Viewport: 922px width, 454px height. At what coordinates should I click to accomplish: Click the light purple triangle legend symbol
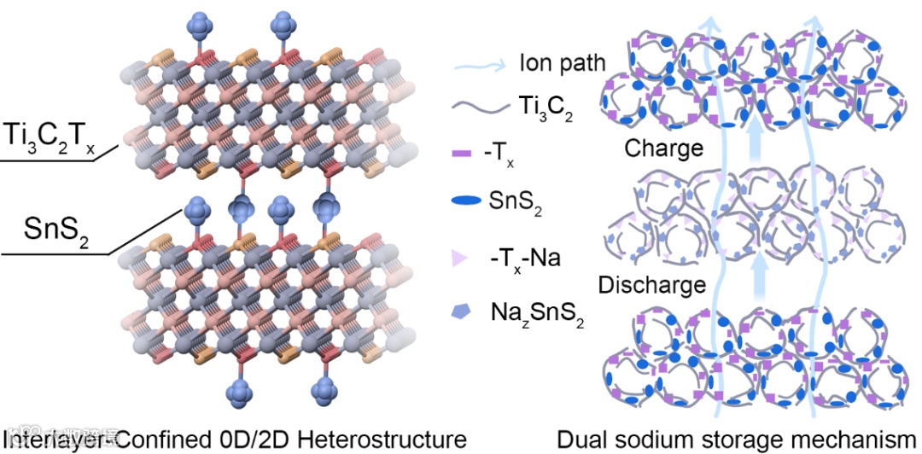pos(464,255)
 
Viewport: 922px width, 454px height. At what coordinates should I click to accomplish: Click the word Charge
pos(663,148)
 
